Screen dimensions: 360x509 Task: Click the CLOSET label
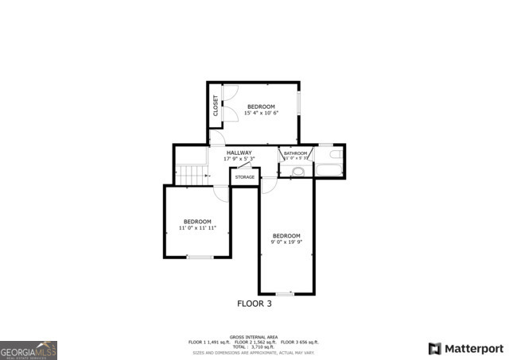pos(215,106)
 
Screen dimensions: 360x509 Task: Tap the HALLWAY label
pos(239,153)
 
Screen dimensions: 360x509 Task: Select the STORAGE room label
pos(245,177)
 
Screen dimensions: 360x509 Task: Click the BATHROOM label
pos(296,153)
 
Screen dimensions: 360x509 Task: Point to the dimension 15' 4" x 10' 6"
pos(261,113)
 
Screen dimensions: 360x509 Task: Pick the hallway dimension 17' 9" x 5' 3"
pos(239,159)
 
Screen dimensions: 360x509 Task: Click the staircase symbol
pos(191,173)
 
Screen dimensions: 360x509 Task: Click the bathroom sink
pos(297,170)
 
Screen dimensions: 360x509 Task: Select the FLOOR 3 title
pos(254,304)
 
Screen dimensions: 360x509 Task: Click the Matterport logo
pos(466,348)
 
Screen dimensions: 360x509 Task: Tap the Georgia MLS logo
pos(29,350)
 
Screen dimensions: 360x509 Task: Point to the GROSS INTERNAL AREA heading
pos(254,336)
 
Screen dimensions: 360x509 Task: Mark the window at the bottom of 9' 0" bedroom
pos(284,294)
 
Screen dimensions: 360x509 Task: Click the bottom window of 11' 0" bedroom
pos(199,257)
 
